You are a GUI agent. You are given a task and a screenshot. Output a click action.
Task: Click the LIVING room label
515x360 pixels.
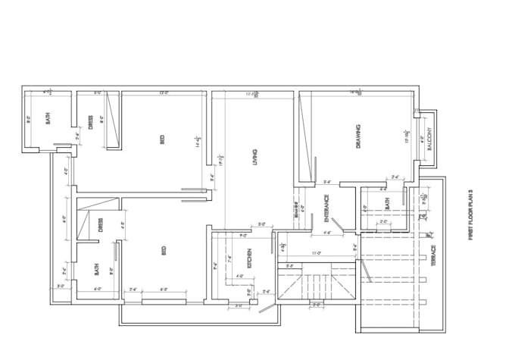click(255, 156)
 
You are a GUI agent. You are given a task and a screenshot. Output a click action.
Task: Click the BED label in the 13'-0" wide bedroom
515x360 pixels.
click(162, 139)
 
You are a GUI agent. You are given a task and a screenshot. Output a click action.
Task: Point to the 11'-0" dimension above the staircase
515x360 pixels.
click(317, 253)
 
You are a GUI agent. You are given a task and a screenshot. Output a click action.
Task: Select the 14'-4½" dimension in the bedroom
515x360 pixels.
click(198, 140)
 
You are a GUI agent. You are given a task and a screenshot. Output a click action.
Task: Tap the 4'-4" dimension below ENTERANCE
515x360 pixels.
click(328, 233)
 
